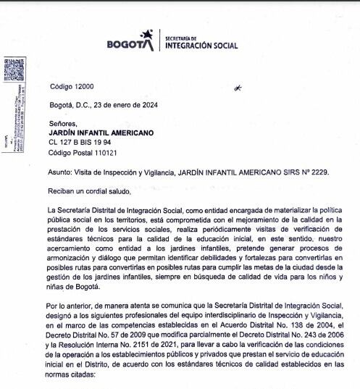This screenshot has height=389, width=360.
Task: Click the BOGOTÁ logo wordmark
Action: point(128,43)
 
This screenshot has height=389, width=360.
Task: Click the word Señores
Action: point(63,125)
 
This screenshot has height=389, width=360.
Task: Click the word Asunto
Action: point(60,173)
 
